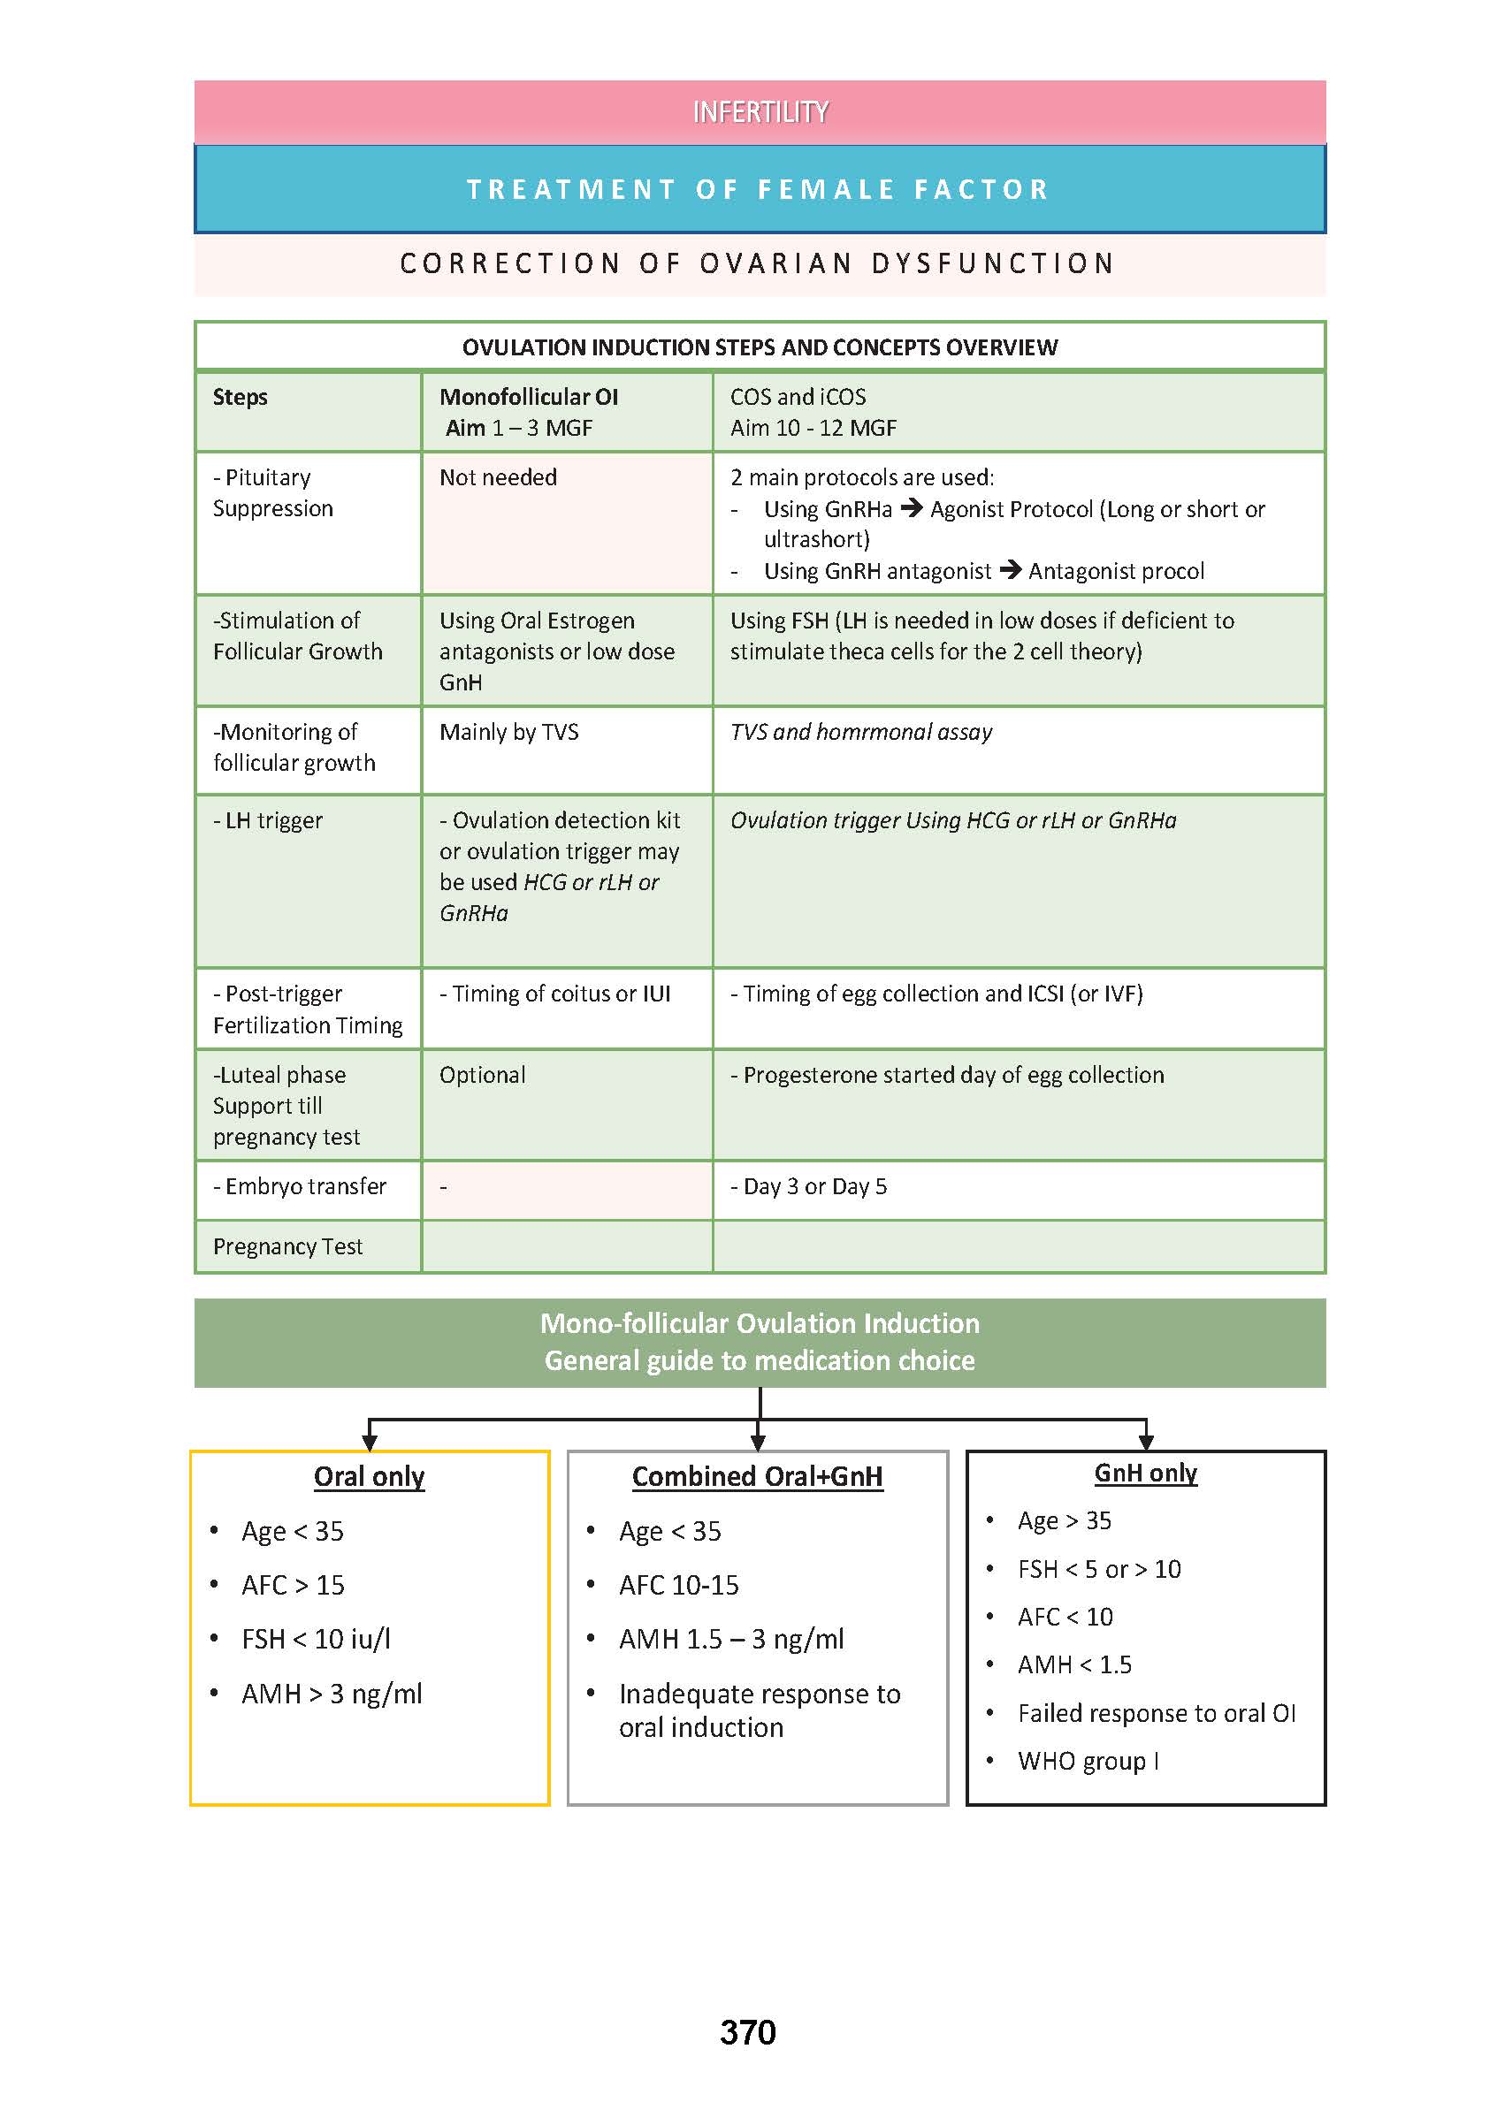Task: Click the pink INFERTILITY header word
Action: pos(760,112)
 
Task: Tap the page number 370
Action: pos(747,2031)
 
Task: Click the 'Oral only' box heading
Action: pos(369,1476)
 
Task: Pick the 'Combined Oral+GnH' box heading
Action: pos(757,1476)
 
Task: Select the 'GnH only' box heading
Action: pos(1145,1473)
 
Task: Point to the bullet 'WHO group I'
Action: pos(1088,1761)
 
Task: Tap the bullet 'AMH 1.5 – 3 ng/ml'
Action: pos(731,1640)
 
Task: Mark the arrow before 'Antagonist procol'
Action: pos(1010,570)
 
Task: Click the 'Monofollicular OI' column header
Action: pos(528,397)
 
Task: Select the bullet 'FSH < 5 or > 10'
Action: pos(1099,1569)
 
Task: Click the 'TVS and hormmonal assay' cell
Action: pos(861,732)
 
